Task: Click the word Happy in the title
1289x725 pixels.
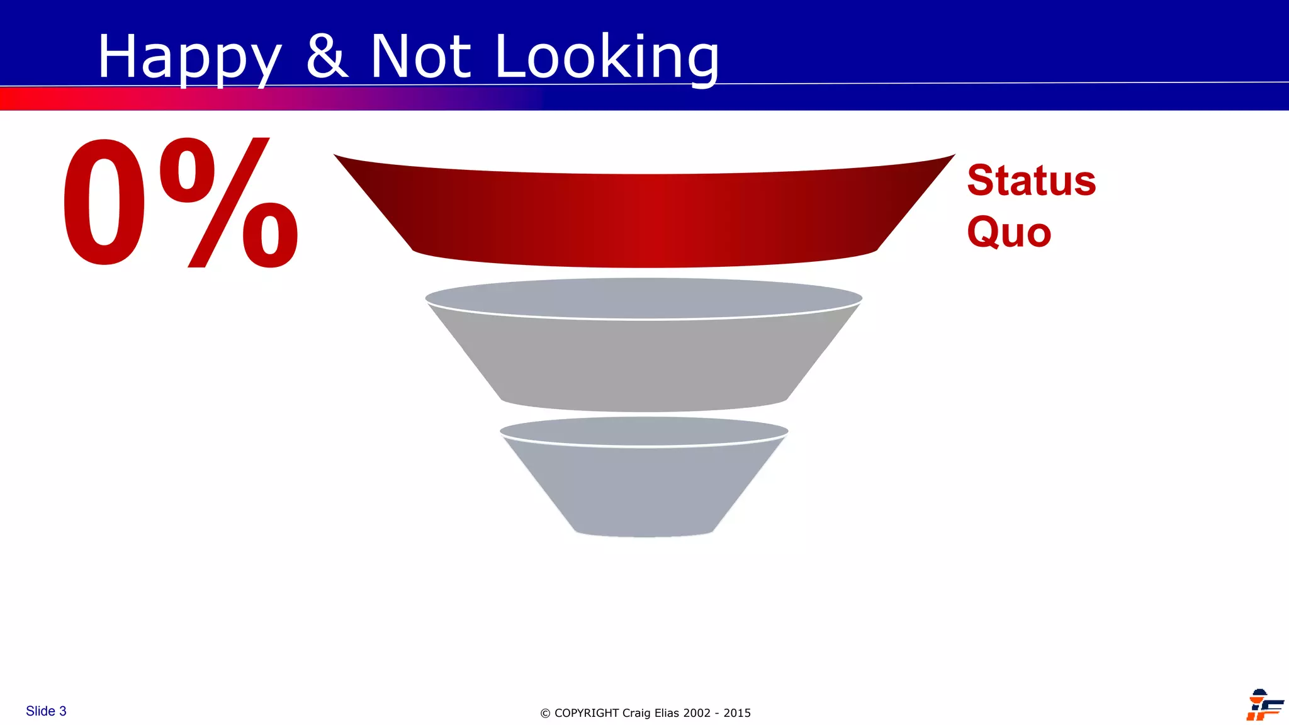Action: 189,58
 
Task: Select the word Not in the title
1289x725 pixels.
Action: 420,57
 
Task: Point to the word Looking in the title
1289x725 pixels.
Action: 607,58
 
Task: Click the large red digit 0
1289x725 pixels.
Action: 104,203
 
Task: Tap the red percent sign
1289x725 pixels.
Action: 229,203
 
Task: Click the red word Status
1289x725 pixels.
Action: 1031,181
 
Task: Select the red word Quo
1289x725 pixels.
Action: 1009,232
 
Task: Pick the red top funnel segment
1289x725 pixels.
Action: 644,217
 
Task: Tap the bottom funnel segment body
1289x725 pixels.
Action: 644,491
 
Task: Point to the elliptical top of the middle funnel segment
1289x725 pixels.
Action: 644,298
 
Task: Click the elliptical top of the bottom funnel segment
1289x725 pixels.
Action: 644,431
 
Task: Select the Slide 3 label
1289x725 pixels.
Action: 46,711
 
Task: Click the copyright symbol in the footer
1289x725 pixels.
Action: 545,714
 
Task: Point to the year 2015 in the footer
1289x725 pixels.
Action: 737,713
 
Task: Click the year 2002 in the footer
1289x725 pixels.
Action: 697,713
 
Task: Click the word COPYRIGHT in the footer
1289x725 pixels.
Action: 587,713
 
